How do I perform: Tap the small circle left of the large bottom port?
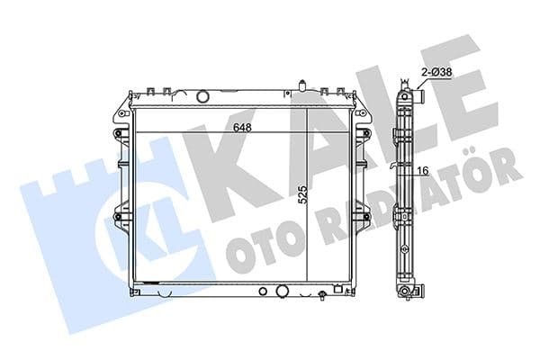(262, 292)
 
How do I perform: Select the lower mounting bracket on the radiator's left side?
(117, 215)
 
